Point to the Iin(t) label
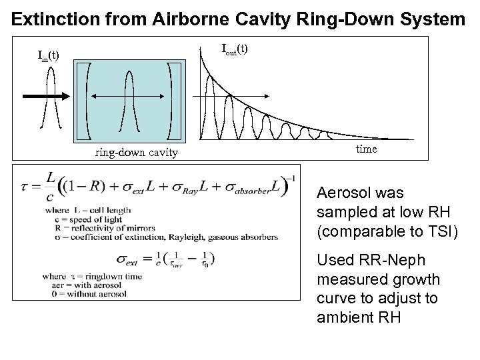tap(48, 55)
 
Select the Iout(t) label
tap(234, 49)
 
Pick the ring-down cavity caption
tap(136, 153)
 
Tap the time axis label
tap(366, 149)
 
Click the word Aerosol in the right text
tap(340, 194)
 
